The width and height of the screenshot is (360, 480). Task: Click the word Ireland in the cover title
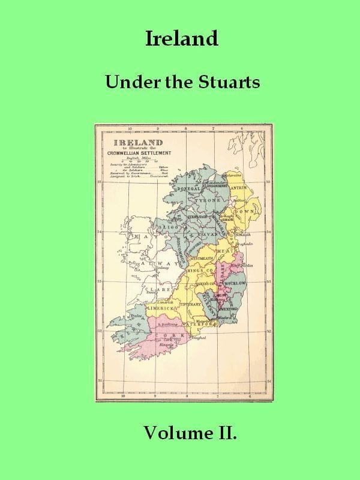tap(181, 39)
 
